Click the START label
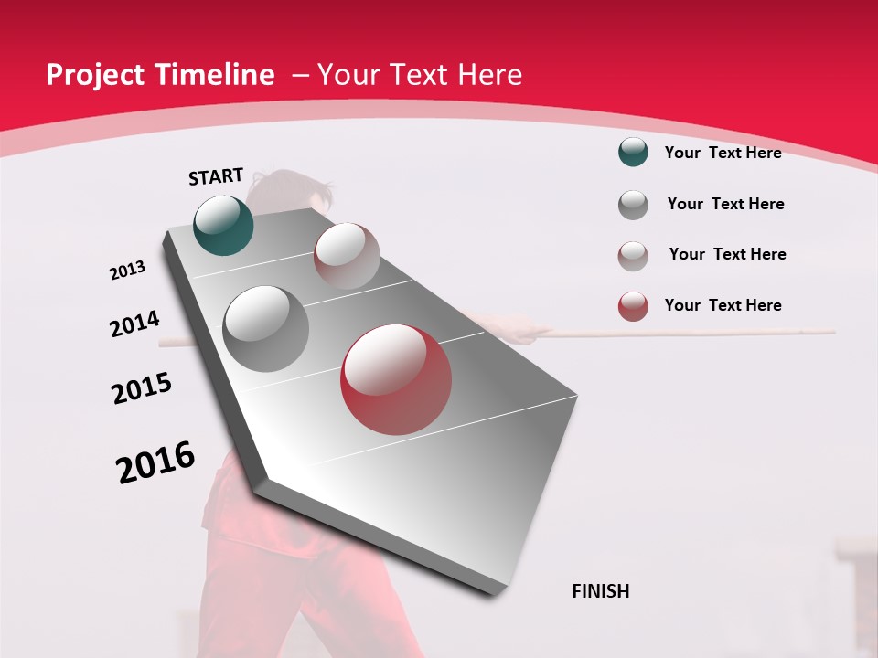(x=216, y=175)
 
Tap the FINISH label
(x=601, y=591)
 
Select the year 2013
(x=128, y=270)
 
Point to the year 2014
(x=134, y=324)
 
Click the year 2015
(x=142, y=388)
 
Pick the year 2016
(x=155, y=462)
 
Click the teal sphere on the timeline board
(x=224, y=225)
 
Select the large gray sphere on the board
(x=266, y=328)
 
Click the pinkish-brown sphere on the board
(x=347, y=256)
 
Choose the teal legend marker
(x=633, y=152)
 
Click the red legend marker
(x=633, y=306)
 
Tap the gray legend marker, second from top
(x=633, y=205)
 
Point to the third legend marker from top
(x=633, y=256)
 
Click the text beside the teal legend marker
(x=723, y=153)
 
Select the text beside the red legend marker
(x=723, y=305)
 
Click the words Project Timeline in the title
(x=160, y=75)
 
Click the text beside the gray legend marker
(x=725, y=204)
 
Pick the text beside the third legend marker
(x=727, y=254)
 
